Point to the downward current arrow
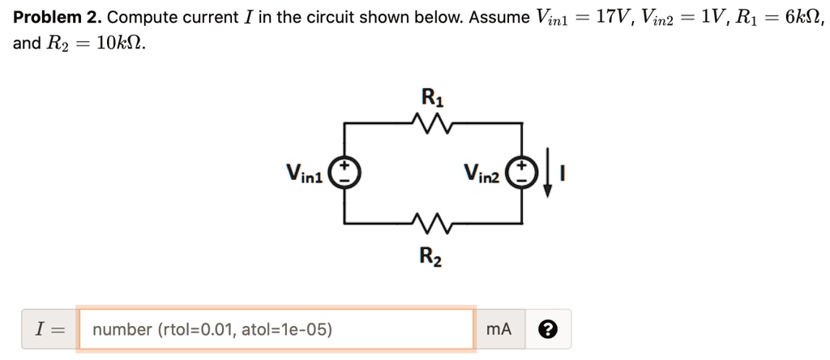(x=549, y=173)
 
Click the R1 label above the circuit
(x=431, y=97)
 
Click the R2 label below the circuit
(x=430, y=257)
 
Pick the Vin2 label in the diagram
(x=482, y=174)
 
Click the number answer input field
(x=276, y=329)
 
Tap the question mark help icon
(x=548, y=329)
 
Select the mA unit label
(x=499, y=329)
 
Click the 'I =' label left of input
(x=48, y=329)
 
